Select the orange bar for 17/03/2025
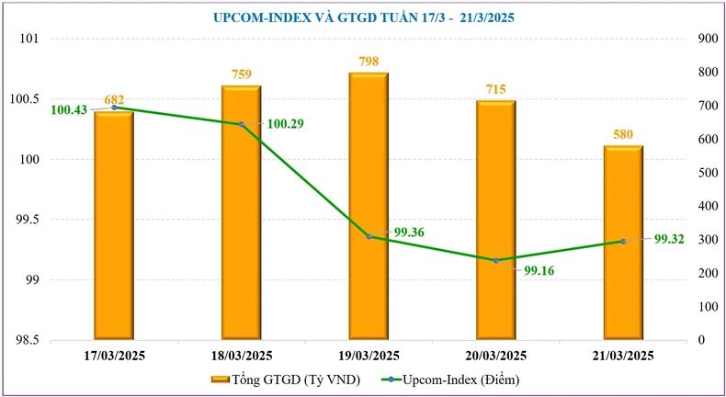(114, 230)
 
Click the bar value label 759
(241, 74)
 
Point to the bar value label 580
(623, 135)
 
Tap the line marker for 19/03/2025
(369, 236)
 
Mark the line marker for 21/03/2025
(623, 242)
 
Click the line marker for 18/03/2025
(241, 124)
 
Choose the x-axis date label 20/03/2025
(496, 356)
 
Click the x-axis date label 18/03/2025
(241, 356)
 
